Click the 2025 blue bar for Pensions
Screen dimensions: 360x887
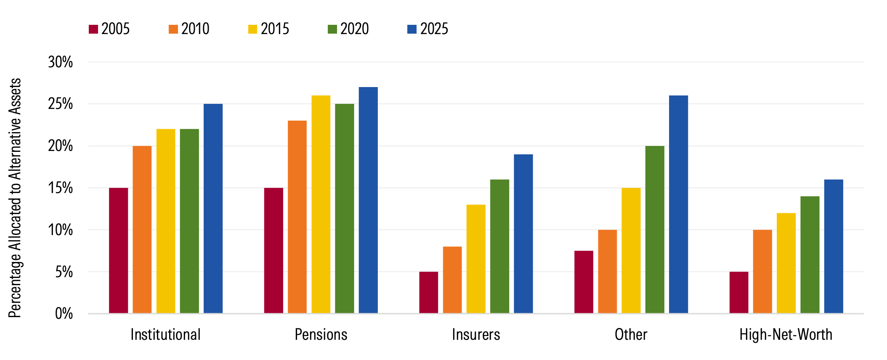[368, 200]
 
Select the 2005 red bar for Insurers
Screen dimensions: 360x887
[428, 292]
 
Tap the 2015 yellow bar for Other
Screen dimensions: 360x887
[631, 251]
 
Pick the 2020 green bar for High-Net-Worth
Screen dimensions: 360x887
[810, 255]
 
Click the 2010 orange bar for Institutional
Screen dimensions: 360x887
[142, 230]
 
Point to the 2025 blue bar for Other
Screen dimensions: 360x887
[678, 204]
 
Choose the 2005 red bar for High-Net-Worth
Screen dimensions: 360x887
[739, 292]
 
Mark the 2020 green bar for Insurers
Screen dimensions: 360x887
[499, 246]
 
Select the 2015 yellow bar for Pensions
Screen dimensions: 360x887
[321, 204]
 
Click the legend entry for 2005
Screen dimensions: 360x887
[109, 29]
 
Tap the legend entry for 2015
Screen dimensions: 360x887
[269, 29]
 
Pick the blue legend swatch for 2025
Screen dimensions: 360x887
[412, 29]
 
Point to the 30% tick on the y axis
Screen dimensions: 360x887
[60, 62]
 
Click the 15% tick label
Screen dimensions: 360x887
[60, 188]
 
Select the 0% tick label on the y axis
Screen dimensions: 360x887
[64, 314]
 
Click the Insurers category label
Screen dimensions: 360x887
[476, 335]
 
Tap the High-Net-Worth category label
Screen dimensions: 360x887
[786, 335]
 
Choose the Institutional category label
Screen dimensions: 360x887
[165, 335]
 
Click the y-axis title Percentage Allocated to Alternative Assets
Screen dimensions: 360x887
[15, 198]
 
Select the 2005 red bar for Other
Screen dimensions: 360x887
[584, 282]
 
